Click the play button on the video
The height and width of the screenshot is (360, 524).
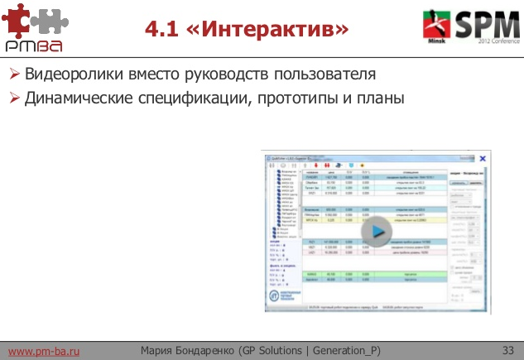tap(377, 231)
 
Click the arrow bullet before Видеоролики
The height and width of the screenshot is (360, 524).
tap(14, 74)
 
